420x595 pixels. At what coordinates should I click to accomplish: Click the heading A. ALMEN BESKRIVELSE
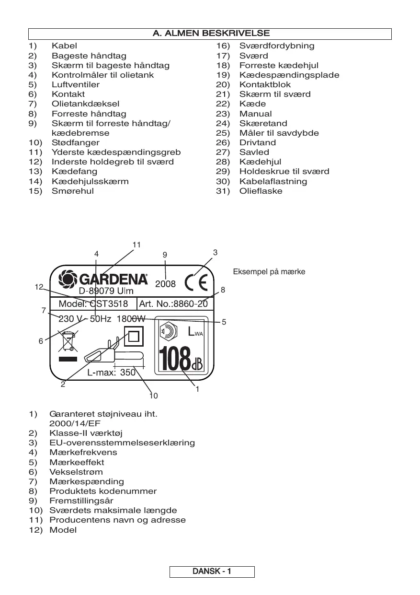[x=211, y=34]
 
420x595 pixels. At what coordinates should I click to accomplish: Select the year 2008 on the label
[x=166, y=283]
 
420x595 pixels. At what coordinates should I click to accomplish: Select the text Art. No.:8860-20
[x=173, y=304]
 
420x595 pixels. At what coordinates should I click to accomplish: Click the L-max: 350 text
[x=112, y=373]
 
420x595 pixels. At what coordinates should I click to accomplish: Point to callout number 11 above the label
[x=136, y=245]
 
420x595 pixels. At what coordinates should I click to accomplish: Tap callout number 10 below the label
[x=153, y=396]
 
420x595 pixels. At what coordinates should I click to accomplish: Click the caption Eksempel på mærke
[x=269, y=272]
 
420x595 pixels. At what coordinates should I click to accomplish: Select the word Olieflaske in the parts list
[x=261, y=191]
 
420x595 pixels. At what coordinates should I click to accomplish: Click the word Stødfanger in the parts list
[x=76, y=142]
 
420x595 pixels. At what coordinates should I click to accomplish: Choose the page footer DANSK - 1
[x=212, y=572]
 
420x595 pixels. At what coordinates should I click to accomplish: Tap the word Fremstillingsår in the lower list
[x=81, y=501]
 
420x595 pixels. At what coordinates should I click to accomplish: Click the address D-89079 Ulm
[x=106, y=291]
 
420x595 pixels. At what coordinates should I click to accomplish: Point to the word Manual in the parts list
[x=256, y=114]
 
